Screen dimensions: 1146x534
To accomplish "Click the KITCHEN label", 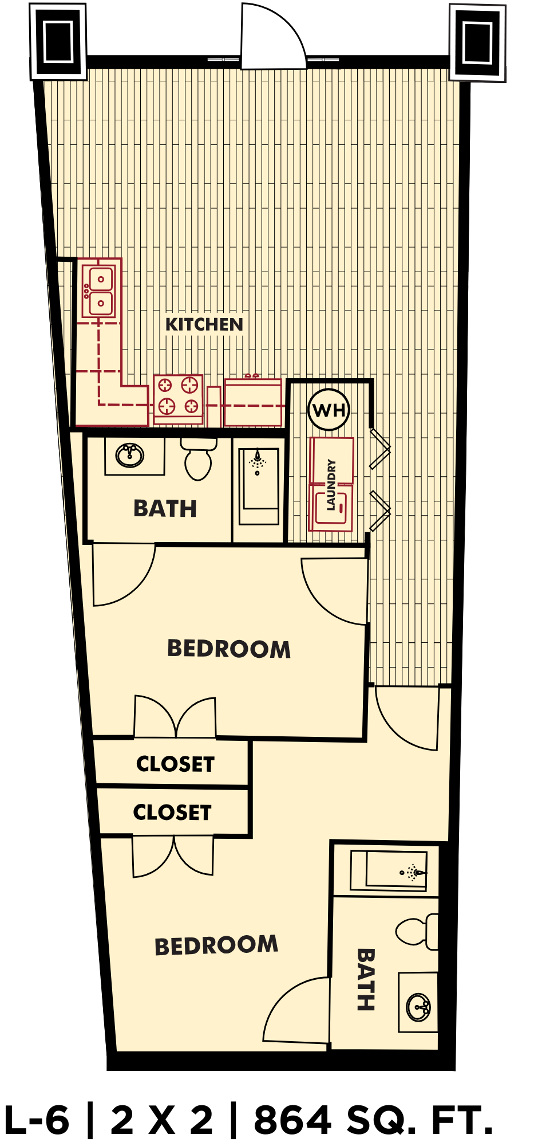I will pos(204,324).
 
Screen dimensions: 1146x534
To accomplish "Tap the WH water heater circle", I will pos(329,410).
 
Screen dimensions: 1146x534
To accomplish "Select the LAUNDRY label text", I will pos(331,484).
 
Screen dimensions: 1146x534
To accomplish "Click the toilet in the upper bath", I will pos(198,459).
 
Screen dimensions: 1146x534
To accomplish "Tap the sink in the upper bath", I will pos(130,456).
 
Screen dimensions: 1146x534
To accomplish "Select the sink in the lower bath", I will pos(419,1007).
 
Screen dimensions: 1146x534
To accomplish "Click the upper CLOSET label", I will pos(175,764).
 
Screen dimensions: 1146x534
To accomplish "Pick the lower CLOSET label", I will pos(172,812).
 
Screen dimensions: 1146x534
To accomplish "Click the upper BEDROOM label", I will pos(229,649).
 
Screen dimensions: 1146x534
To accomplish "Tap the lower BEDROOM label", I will pos(216,945).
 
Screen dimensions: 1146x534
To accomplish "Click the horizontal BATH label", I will pos(165,508).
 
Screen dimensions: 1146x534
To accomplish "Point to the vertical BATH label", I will pos(366,979).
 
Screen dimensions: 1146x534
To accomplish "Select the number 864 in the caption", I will pos(292,1120).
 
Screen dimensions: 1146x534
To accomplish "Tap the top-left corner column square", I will pos(58,41).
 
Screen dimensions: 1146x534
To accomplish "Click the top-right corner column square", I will pos(477,42).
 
